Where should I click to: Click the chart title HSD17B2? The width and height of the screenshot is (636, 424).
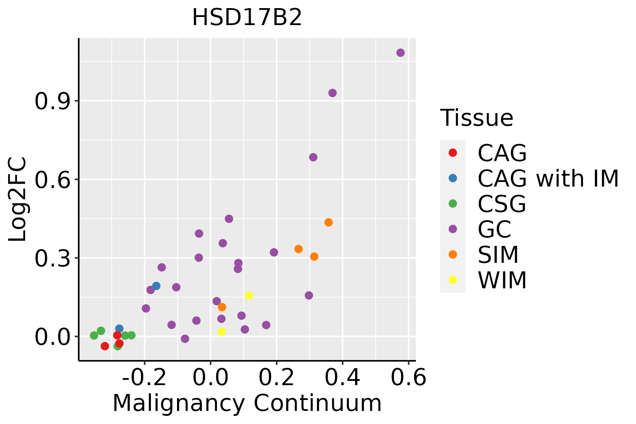[247, 18]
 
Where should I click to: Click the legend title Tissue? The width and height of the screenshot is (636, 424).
[477, 118]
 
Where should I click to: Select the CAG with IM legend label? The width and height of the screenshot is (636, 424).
[548, 178]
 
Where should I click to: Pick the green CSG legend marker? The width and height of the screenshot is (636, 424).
[453, 204]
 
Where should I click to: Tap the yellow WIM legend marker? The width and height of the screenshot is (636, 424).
[453, 280]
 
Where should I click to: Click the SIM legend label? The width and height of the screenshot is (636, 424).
[498, 255]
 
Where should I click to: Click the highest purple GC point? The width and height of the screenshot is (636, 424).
[400, 53]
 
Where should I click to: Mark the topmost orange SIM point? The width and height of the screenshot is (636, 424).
[329, 222]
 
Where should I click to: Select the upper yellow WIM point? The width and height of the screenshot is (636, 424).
[249, 295]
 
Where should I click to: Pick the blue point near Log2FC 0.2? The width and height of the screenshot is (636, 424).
[156, 286]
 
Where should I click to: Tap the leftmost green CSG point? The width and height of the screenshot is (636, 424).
[94, 335]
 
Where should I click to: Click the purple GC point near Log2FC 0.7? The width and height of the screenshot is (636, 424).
[313, 157]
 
